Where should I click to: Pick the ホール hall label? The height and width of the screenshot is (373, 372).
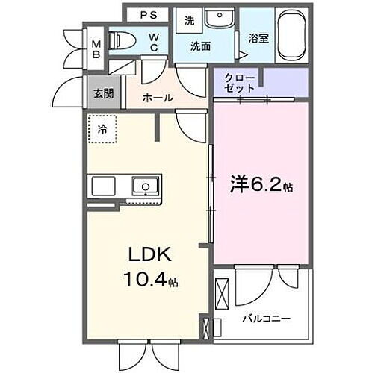157,98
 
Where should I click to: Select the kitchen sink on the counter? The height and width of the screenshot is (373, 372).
145,185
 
